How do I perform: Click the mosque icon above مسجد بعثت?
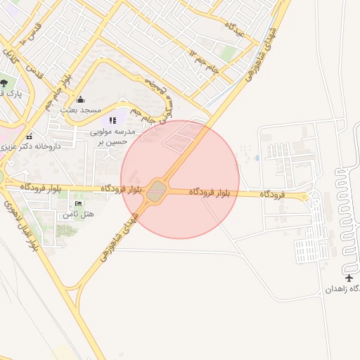[x=80, y=99]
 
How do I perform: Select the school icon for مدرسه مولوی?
[x=113, y=120]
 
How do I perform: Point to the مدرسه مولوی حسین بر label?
[x=109, y=136]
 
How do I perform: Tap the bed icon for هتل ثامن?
[x=78, y=204]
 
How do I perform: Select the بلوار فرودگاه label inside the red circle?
[x=210, y=191]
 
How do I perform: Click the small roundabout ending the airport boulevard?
[x=304, y=196]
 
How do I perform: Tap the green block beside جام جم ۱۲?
[x=227, y=53]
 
